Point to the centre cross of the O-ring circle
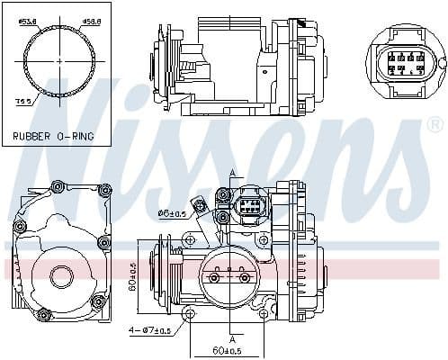60,59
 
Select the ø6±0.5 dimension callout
172,213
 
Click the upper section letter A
231,173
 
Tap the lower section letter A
231,338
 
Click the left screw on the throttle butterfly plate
214,277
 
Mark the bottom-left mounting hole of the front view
190,314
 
